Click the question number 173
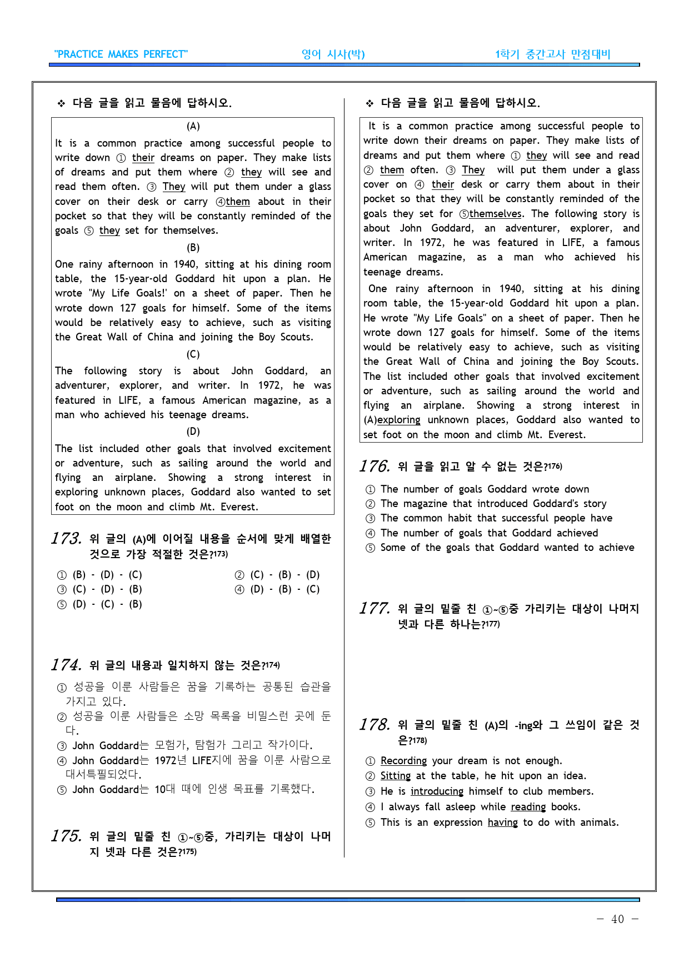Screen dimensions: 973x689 [x=66, y=538]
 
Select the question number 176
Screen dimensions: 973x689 [x=375, y=466]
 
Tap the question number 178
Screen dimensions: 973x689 [x=375, y=725]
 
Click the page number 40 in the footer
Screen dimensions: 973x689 [x=617, y=919]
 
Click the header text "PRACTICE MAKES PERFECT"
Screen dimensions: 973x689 [x=121, y=54]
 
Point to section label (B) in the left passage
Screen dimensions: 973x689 [x=193, y=248]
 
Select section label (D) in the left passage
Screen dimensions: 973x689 [x=193, y=432]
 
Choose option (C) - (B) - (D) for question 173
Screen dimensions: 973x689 [x=284, y=575]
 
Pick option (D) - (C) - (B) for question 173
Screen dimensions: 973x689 [x=107, y=604]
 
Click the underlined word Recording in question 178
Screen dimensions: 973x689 [x=403, y=761]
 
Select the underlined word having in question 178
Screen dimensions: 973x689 [x=502, y=822]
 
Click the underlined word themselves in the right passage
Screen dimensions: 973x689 [x=495, y=214]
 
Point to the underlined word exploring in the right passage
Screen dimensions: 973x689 [x=398, y=420]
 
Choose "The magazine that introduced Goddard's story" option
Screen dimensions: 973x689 [x=493, y=504]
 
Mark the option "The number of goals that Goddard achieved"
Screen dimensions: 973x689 [x=489, y=533]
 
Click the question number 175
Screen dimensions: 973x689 [x=66, y=836]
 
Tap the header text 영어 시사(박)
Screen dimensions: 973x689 [x=333, y=54]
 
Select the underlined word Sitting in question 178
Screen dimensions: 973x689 [x=395, y=776]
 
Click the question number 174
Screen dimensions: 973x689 [x=66, y=665]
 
